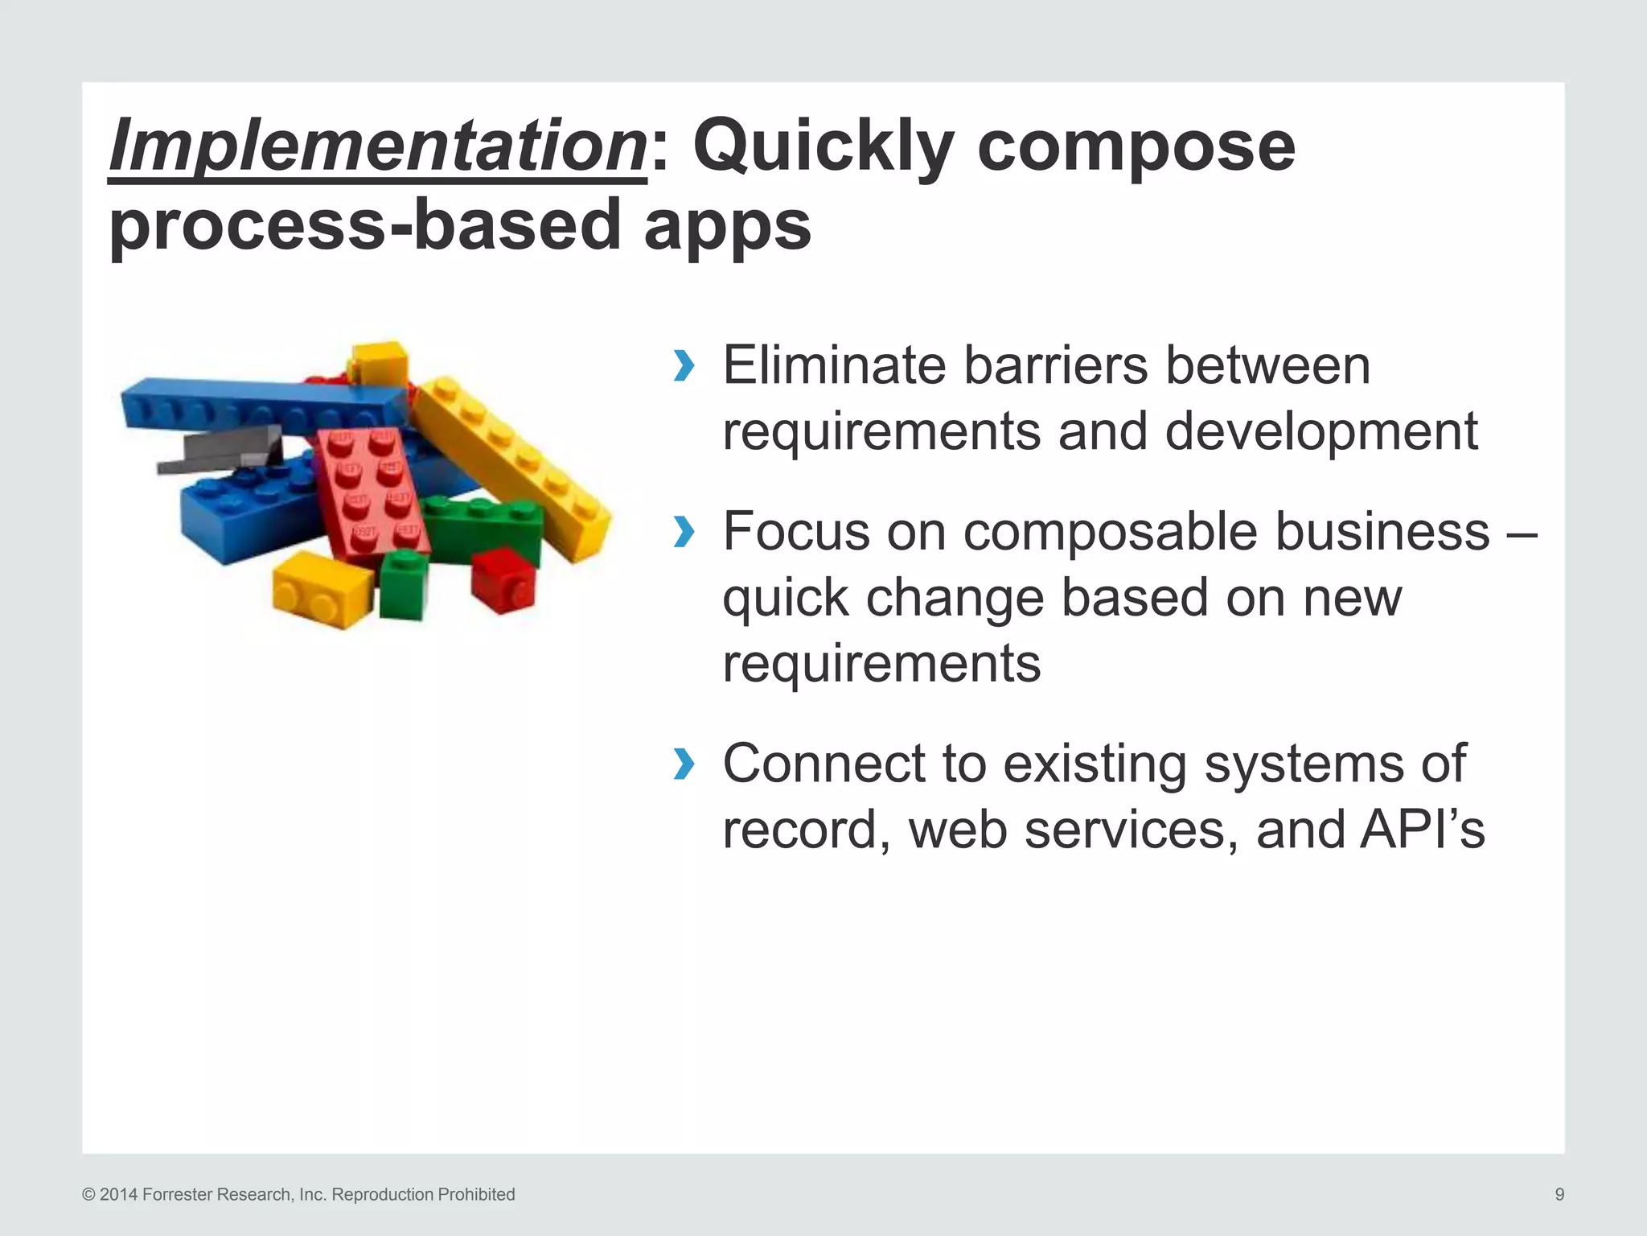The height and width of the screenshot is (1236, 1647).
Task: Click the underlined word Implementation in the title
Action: [x=377, y=146]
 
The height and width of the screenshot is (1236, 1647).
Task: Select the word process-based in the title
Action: [x=366, y=225]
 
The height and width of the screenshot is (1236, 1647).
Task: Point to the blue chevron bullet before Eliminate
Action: [x=684, y=366]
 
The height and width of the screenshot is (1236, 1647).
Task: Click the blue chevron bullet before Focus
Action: [x=684, y=532]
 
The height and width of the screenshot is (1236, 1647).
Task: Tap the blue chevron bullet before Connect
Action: [x=684, y=764]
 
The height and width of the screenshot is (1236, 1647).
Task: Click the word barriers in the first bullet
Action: [x=1055, y=366]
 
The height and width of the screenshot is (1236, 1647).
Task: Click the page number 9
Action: [x=1559, y=1194]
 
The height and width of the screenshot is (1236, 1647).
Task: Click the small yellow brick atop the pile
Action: [x=380, y=364]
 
